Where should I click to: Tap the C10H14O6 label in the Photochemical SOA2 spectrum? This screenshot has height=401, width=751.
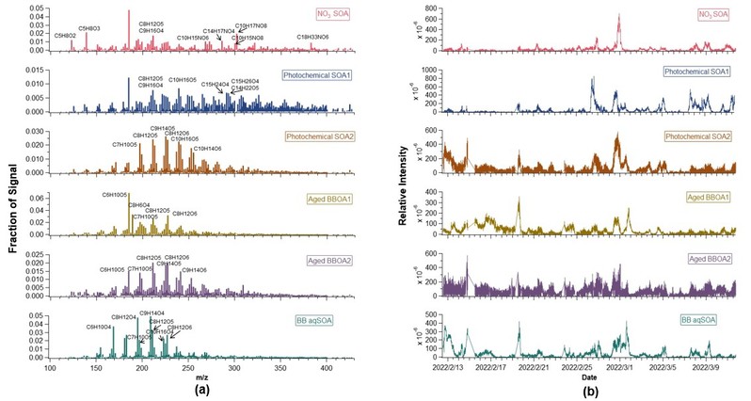208,149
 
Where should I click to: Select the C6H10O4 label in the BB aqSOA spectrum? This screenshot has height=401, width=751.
100,327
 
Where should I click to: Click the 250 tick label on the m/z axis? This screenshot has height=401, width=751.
234,369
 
